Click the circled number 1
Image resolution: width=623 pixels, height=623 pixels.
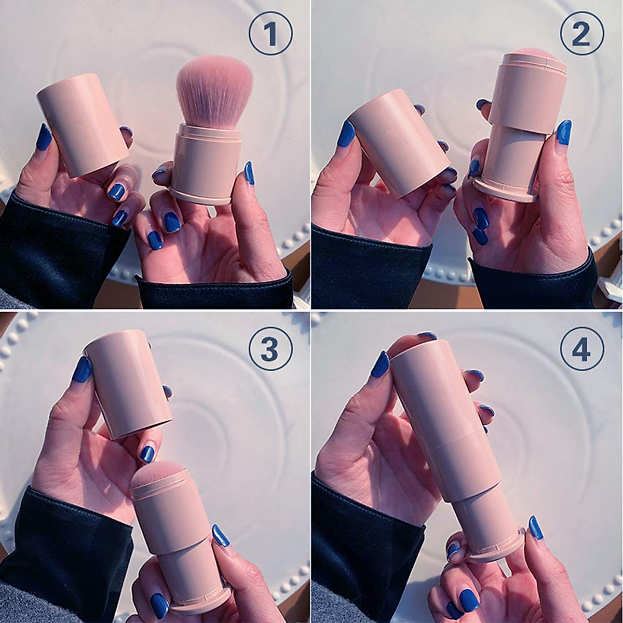click(270, 34)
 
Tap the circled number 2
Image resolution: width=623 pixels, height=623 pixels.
click(581, 34)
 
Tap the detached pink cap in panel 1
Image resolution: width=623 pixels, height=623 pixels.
click(83, 125)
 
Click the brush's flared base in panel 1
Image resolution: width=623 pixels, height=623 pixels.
click(200, 196)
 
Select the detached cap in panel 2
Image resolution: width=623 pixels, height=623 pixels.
click(397, 143)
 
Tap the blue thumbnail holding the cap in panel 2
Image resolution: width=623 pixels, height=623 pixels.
click(346, 134)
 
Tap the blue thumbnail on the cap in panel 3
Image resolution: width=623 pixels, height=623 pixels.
click(82, 369)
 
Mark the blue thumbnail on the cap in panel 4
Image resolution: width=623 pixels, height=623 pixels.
click(380, 364)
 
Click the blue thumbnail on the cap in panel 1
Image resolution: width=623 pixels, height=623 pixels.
click(44, 137)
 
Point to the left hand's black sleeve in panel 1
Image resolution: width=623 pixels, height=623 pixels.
click(52, 249)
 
